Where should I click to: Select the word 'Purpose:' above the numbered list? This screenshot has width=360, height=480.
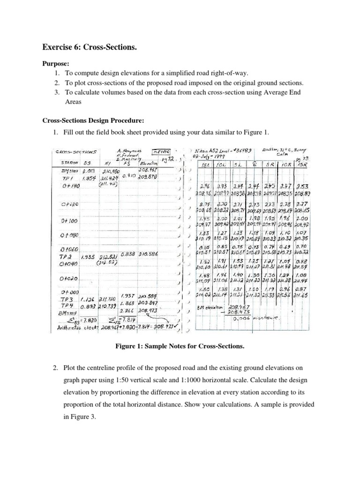click(x=56, y=63)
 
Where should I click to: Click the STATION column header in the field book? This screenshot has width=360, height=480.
click(x=66, y=162)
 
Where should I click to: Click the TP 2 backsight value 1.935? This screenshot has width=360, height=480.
click(x=89, y=257)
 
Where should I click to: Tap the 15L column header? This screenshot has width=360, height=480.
click(x=205, y=165)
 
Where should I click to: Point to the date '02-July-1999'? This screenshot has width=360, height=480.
click(x=208, y=157)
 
